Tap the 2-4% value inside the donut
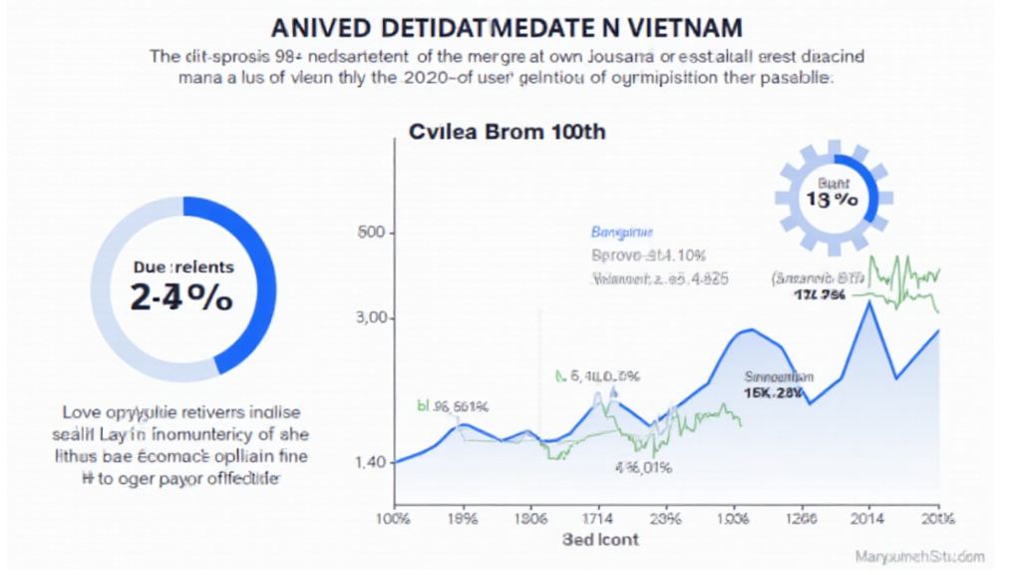[181, 296]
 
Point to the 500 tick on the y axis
[370, 234]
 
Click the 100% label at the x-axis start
[392, 518]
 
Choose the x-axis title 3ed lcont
[599, 539]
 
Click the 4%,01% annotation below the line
[643, 467]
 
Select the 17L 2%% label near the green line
[819, 295]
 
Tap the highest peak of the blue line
[871, 303]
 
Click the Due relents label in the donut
[183, 267]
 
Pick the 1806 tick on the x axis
[528, 518]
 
